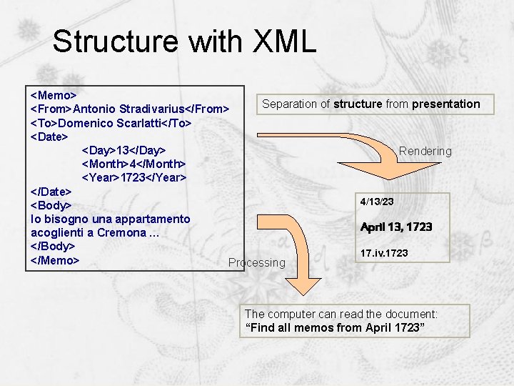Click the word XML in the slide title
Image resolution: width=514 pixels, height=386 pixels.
[x=284, y=41]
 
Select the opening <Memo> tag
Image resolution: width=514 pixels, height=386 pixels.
[x=54, y=94]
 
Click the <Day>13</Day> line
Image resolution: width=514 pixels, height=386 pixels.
[x=124, y=150]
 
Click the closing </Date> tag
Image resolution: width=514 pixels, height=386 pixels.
[x=51, y=192]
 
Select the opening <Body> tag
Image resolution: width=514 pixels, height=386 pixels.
[x=51, y=205]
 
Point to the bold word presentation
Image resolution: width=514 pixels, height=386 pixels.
[x=445, y=104]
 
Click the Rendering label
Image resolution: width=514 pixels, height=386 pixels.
[x=425, y=151]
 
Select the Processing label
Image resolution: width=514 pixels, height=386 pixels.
[x=256, y=262]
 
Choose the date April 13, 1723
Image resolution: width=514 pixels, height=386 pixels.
[x=396, y=227]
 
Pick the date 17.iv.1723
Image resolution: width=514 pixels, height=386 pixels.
[x=384, y=253]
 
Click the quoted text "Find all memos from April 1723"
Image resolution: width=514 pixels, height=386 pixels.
[x=335, y=327]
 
